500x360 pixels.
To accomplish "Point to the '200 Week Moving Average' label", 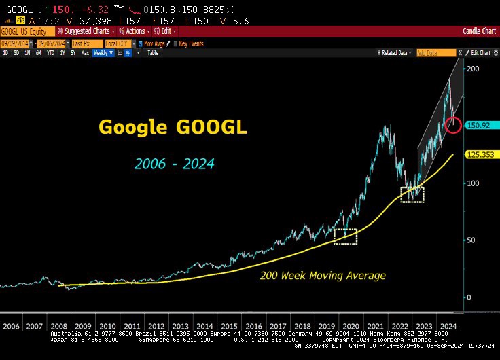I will coord(323,275).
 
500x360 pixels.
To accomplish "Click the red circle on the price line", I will coord(453,125).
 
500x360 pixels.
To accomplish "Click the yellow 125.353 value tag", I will coord(481,155).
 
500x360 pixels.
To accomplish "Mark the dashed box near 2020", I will coord(346,236).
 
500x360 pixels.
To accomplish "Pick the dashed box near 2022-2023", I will coord(412,194).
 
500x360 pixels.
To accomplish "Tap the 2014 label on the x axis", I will coord(204,326).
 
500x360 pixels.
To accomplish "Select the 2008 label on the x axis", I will coord(58,326).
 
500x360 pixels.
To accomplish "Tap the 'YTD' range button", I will coord(50,52).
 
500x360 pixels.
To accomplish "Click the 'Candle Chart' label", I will coord(480,31).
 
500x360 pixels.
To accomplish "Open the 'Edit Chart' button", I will coord(480,52).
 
